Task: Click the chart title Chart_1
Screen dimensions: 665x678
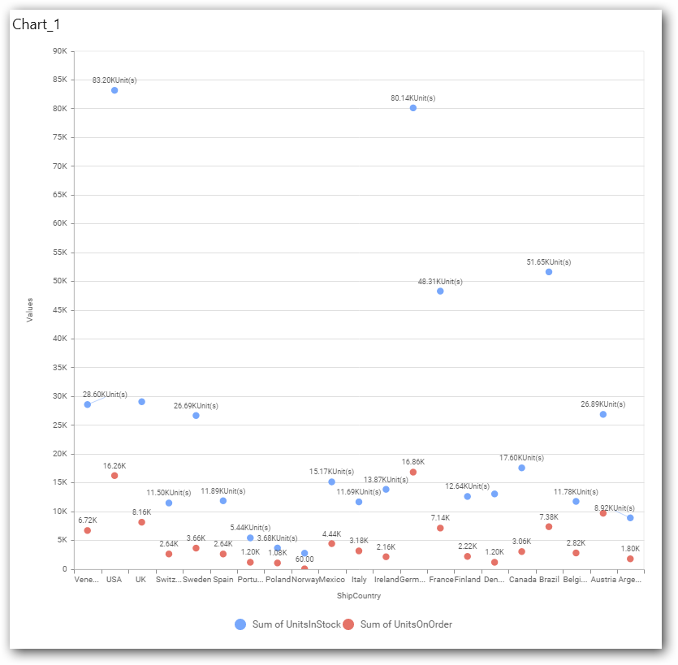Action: coord(37,24)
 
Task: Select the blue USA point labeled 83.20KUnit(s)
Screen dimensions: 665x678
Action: coord(114,90)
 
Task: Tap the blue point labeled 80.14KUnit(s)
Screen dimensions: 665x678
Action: coord(413,108)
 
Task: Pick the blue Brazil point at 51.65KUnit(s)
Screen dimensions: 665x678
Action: coord(549,272)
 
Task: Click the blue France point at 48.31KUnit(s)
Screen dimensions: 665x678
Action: coord(440,291)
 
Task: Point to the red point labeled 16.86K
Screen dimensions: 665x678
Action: coord(413,472)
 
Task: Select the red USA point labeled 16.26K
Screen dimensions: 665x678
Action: coord(114,476)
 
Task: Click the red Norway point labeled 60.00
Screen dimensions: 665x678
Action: coord(304,568)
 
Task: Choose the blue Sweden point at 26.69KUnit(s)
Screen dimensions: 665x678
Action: coord(196,415)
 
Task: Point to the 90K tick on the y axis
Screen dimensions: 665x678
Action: coord(59,51)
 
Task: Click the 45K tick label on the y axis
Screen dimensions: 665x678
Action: coord(59,310)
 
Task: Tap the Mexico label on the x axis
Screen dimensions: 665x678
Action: coord(331,580)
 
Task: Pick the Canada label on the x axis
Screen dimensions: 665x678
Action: coord(521,580)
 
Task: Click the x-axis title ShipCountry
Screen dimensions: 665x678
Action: coord(359,596)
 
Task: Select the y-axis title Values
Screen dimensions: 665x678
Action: coord(30,309)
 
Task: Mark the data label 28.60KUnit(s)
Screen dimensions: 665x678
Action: coord(105,395)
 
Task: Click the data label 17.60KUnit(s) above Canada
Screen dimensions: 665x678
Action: coord(521,458)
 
